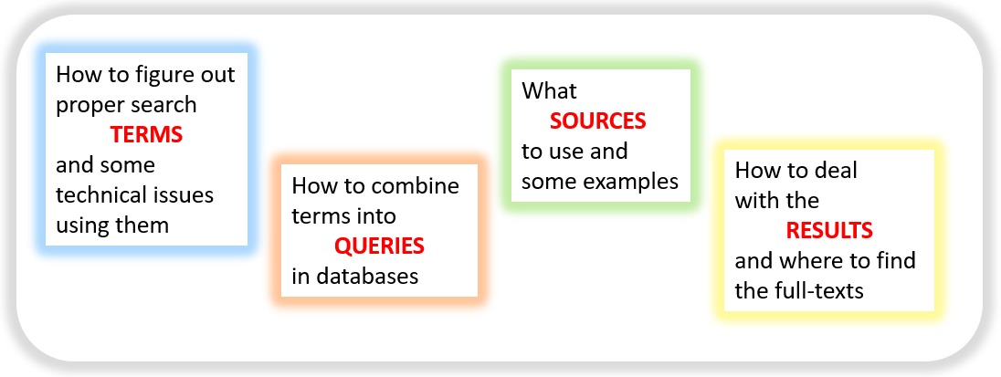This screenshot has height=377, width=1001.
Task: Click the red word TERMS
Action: click(x=147, y=134)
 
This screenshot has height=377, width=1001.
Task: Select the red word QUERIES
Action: click(x=380, y=246)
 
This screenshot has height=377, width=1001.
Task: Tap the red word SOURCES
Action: click(x=598, y=120)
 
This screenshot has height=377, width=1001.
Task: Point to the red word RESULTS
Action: click(x=829, y=230)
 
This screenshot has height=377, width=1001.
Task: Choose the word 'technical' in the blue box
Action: click(x=99, y=194)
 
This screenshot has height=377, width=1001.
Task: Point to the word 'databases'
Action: click(x=366, y=277)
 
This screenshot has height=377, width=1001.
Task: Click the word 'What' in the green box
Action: click(x=549, y=90)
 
